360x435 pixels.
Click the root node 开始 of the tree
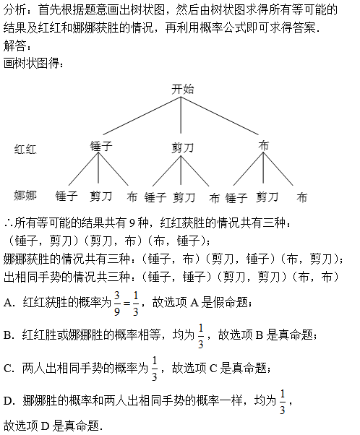pyautogui.click(x=183, y=90)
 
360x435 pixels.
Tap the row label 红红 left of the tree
pyautogui.click(x=25, y=150)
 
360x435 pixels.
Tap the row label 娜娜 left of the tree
pyautogui.click(x=25, y=196)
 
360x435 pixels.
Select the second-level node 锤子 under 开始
pyautogui.click(x=101, y=146)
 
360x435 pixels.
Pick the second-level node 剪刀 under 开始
pyautogui.click(x=182, y=147)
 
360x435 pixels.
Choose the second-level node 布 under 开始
pyautogui.click(x=263, y=146)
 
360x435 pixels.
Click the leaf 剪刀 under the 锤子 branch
pyautogui.click(x=100, y=197)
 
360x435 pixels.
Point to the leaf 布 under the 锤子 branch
pyautogui.click(x=132, y=197)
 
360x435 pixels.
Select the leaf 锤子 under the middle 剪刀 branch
pyautogui.click(x=155, y=197)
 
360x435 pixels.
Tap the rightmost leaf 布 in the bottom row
pyautogui.click(x=301, y=198)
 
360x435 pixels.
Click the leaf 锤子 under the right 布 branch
pyautogui.click(x=236, y=198)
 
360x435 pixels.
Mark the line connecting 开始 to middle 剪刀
pyautogui.click(x=181, y=115)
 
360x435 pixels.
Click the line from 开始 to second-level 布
pyautogui.click(x=220, y=116)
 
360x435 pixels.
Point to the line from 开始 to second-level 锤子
pyautogui.click(x=142, y=116)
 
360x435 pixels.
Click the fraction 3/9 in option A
pyautogui.click(x=117, y=303)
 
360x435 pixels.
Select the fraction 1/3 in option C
pyautogui.click(x=155, y=369)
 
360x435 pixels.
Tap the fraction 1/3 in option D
pyautogui.click(x=282, y=402)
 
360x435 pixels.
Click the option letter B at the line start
pyautogui.click(x=9, y=335)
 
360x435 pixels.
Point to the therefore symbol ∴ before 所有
pyautogui.click(x=9, y=223)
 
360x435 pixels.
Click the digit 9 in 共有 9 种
pyautogui.click(x=132, y=223)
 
